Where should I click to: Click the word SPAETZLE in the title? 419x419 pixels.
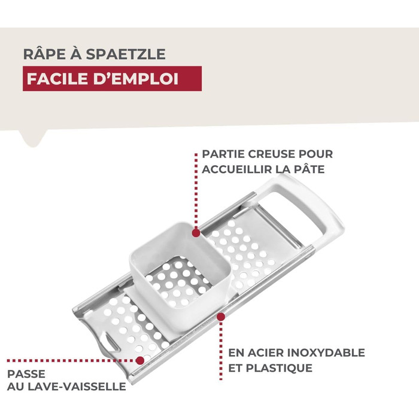pos(126,54)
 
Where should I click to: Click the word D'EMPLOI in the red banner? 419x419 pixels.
pos(136,79)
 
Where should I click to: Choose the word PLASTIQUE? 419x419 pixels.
pos(279,368)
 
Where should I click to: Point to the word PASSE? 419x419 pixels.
pos(26,374)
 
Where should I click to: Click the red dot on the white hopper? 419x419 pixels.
pos(196,233)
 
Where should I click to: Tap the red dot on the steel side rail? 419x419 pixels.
pos(221,317)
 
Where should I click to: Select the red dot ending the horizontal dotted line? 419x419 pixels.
pos(139,360)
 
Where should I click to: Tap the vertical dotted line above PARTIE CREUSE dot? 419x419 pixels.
pos(196,191)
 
